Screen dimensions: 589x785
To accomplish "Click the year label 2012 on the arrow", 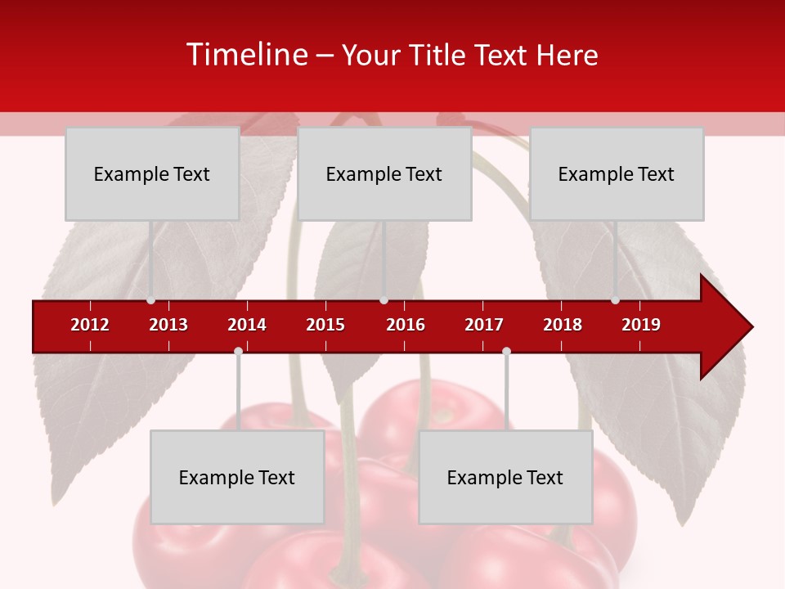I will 90,325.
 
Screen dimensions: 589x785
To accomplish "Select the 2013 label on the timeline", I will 168,325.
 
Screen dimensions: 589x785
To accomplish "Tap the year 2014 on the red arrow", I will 247,325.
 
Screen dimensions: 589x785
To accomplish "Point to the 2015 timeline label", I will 325,325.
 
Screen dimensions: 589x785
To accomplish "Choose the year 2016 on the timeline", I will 406,325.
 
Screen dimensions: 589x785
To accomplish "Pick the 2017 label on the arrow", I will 484,325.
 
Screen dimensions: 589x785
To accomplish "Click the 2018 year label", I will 563,325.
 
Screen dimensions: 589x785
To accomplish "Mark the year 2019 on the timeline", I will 641,325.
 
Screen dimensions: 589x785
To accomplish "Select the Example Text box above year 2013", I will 152,173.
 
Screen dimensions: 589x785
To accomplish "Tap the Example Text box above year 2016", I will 384,173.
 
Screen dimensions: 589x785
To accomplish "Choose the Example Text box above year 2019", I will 617,173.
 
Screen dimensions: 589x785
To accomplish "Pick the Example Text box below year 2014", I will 237,477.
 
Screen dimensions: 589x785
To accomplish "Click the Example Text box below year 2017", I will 505,477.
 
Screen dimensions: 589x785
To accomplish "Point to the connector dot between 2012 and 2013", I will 150,300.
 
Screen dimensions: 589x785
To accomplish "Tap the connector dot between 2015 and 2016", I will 384,300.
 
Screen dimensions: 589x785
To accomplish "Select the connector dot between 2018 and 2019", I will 615,300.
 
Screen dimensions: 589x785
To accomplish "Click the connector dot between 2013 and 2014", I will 238,351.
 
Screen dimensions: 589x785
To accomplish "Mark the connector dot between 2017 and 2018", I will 506,351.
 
